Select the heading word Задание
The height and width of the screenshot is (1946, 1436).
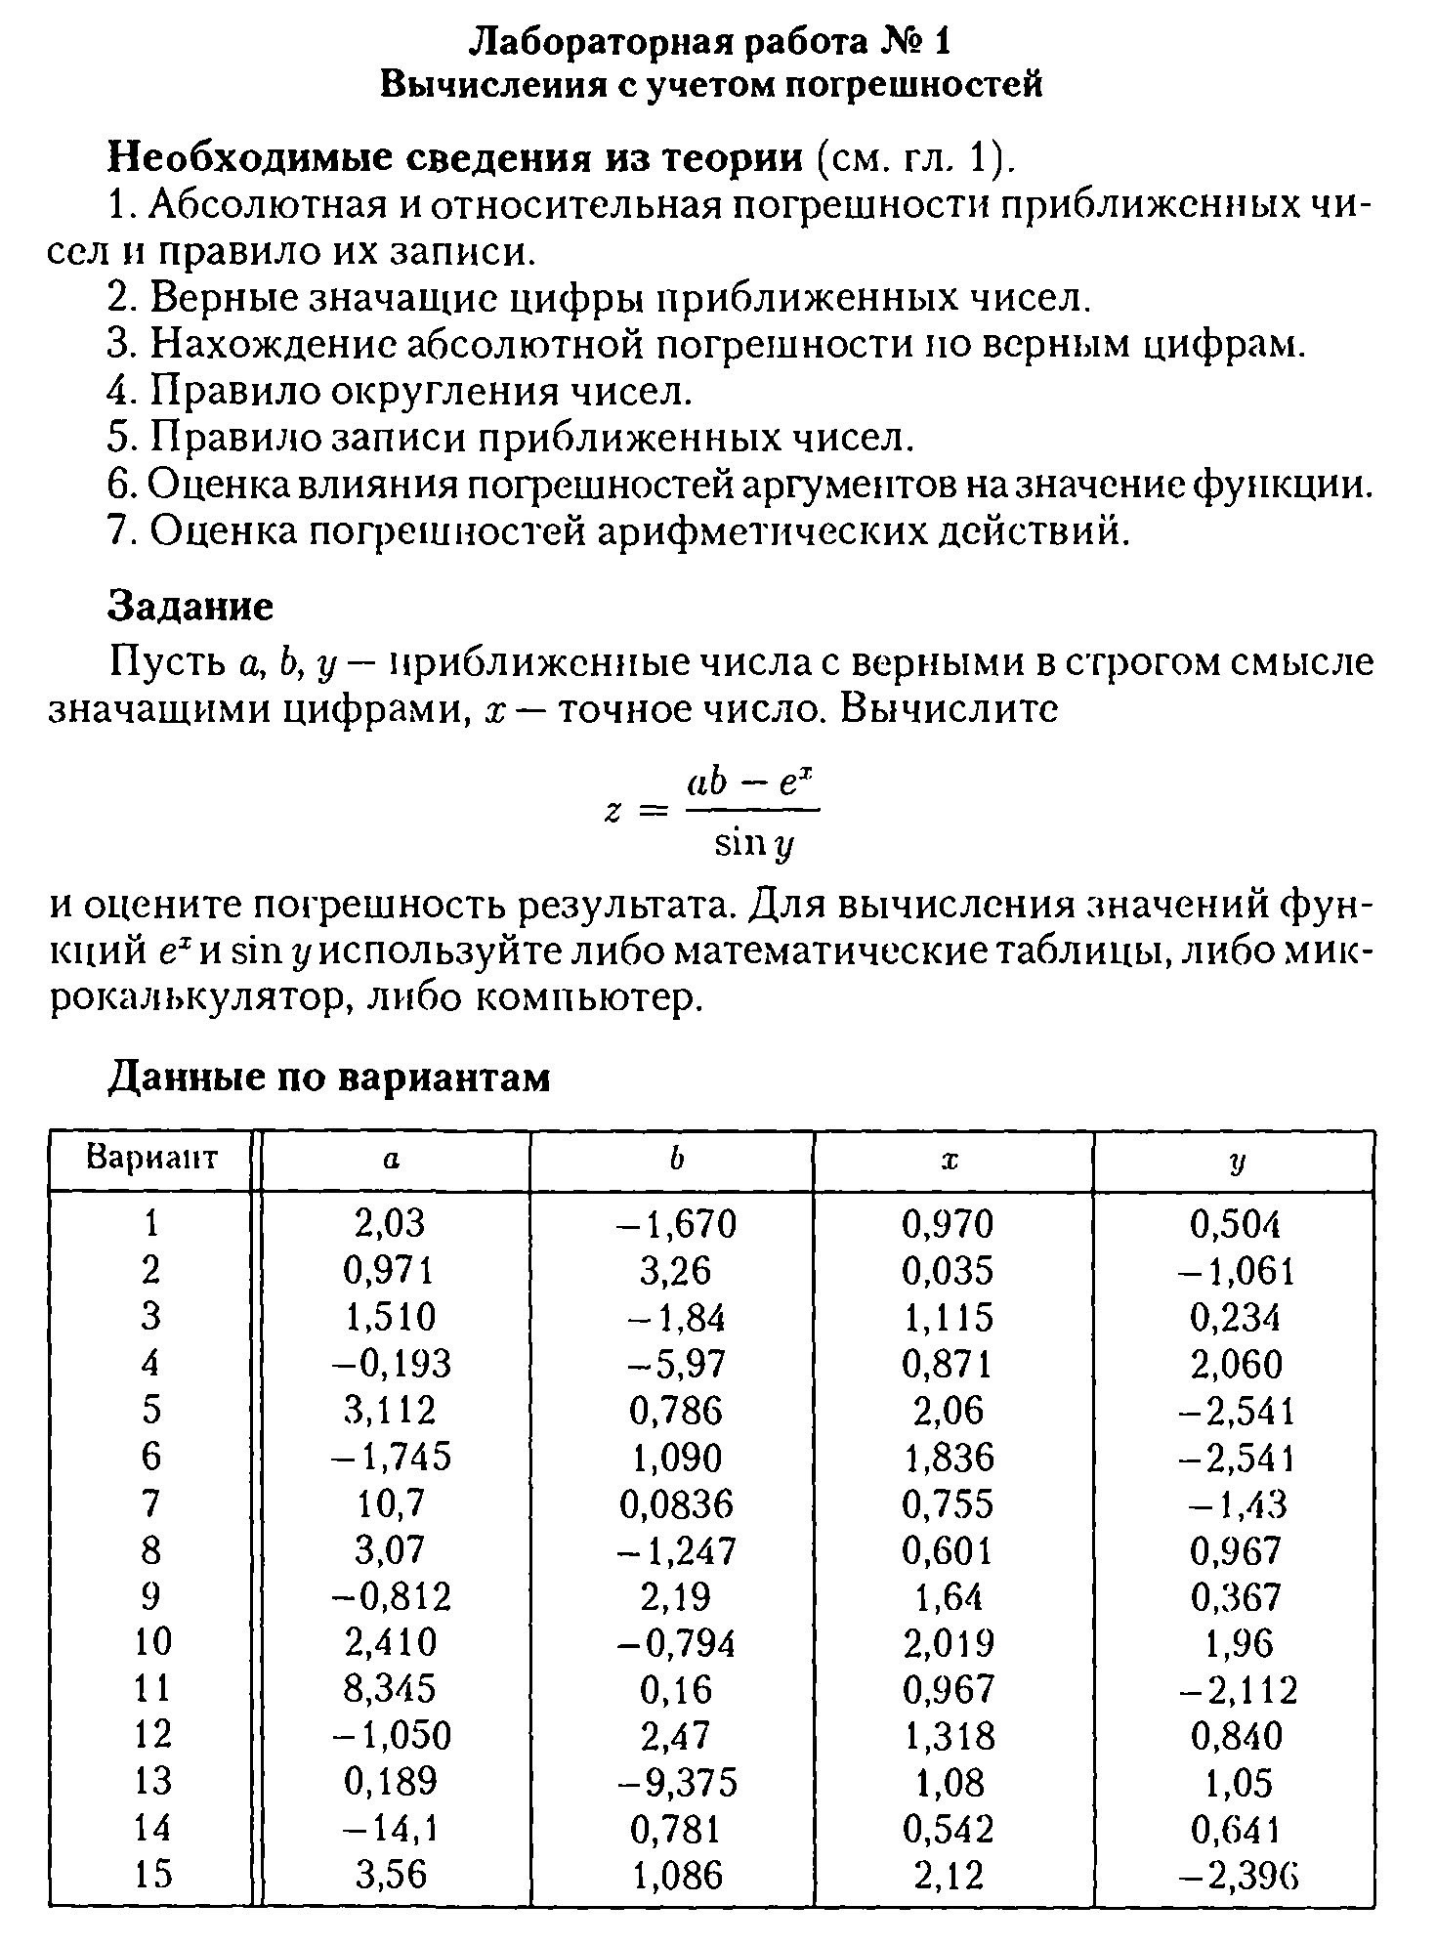pyautogui.click(x=190, y=607)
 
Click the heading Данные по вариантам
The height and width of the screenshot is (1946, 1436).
pyautogui.click(x=328, y=1078)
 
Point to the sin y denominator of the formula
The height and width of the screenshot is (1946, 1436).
pyautogui.click(x=752, y=842)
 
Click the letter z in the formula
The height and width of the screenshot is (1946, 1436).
pyautogui.click(x=613, y=811)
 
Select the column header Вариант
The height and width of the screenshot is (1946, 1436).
pyautogui.click(x=151, y=1160)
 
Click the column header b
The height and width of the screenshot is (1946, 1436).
pyautogui.click(x=674, y=1160)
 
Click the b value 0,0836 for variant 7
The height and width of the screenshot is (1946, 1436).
pyautogui.click(x=676, y=1504)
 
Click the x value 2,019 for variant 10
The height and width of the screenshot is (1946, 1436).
pyautogui.click(x=948, y=1643)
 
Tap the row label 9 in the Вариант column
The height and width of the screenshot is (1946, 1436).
pyautogui.click(x=150, y=1596)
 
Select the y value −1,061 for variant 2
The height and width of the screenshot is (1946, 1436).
pyautogui.click(x=1238, y=1271)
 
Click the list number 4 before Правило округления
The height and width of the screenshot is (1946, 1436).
pyautogui.click(x=119, y=392)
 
